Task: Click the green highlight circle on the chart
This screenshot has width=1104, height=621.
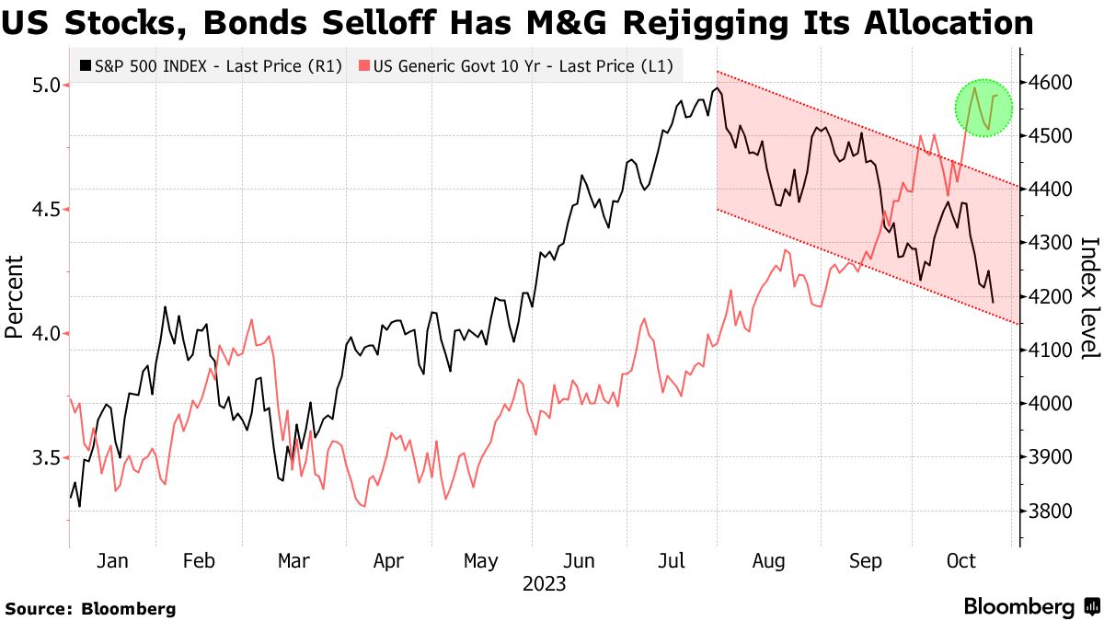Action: (983, 108)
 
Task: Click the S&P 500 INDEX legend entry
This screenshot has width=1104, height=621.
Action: (211, 65)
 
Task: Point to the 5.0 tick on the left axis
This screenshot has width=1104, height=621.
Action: (45, 85)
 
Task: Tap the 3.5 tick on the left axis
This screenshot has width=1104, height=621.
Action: (45, 458)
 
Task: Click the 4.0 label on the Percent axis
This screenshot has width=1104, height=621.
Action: (45, 334)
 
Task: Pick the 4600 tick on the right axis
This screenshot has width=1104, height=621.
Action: (1050, 83)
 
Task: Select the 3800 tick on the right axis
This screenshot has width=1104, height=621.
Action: (1050, 512)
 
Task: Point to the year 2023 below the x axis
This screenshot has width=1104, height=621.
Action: (544, 584)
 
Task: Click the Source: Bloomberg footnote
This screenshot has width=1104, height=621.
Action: (90, 608)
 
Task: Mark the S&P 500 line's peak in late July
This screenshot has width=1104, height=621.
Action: (716, 88)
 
